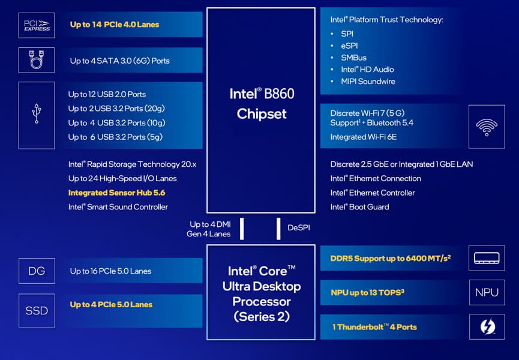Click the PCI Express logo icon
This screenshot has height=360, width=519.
tap(37, 25)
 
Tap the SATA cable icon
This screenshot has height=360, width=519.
tap(37, 60)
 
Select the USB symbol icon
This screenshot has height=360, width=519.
tap(37, 115)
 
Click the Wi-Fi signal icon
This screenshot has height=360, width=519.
tap(487, 126)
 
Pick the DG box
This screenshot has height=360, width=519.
tap(37, 271)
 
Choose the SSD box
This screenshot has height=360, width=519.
tap(37, 310)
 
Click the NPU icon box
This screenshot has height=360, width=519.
tap(487, 292)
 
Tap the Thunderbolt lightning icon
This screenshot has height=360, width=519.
tap(487, 327)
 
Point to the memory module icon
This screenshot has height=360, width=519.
tap(487, 257)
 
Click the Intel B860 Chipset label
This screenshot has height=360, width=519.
tap(261, 103)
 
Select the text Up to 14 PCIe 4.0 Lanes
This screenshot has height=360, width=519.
tap(115, 25)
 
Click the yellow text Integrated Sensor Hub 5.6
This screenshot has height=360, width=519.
tap(116, 193)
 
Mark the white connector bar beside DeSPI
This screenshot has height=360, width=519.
tap(279, 229)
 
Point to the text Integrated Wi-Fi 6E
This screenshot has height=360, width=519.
tap(364, 137)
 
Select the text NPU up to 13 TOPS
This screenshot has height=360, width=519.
tap(368, 293)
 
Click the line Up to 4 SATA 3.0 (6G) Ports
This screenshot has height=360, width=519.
tap(119, 61)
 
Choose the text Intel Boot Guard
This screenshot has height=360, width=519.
tap(360, 207)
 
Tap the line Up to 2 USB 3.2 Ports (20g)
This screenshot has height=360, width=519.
tap(116, 109)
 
